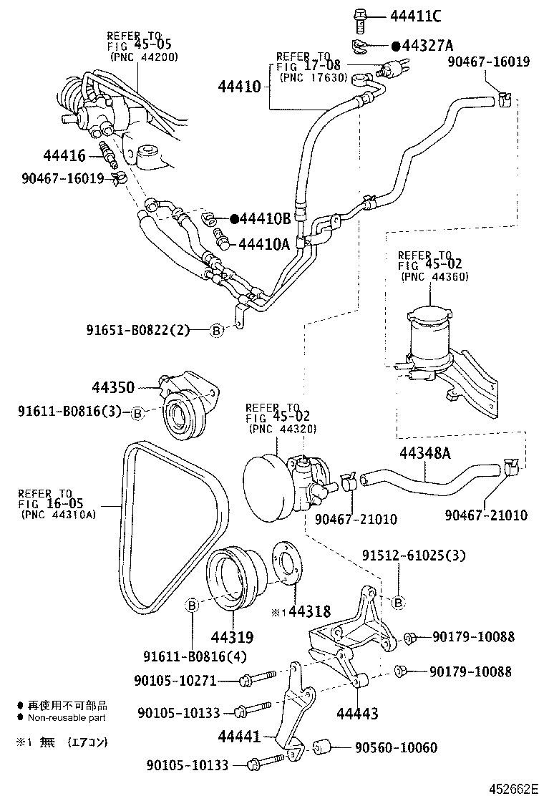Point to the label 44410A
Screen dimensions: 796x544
point(263,244)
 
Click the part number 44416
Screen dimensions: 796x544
point(64,155)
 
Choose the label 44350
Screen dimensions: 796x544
point(113,387)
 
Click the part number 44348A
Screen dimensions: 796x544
point(425,453)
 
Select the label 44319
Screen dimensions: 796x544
point(231,636)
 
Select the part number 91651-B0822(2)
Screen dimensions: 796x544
point(138,330)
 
